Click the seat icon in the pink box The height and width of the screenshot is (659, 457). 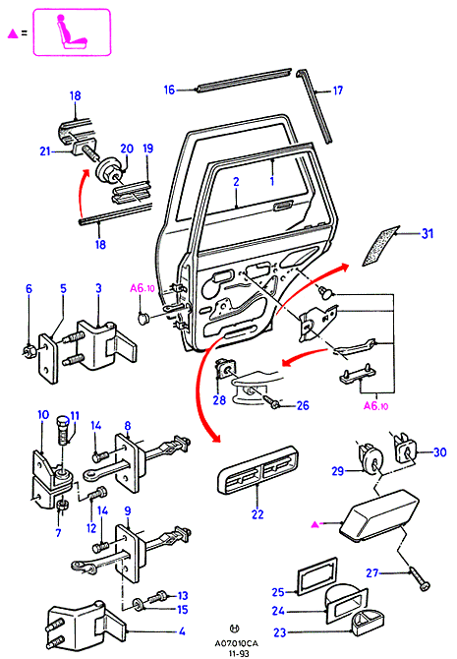pos(72,32)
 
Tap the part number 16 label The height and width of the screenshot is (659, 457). pos(169,90)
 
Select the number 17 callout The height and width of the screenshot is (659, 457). pos(338,90)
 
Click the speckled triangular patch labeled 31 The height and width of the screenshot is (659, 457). pos(380,246)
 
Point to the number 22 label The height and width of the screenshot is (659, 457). pos(257,514)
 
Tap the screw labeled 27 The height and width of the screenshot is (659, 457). pos(420,580)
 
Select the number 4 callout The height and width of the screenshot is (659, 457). pos(182,631)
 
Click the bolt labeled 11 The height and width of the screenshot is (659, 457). pos(63,430)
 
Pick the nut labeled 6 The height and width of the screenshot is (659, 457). pos(29,350)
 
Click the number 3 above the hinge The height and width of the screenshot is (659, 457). pos(98,288)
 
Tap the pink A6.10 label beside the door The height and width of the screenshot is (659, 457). pos(143,288)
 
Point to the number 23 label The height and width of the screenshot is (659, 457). pos(280,632)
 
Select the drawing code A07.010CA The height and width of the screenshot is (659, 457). pos(237,643)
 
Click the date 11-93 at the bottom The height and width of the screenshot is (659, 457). pos(238,653)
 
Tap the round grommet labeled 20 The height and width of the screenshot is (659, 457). pos(109,169)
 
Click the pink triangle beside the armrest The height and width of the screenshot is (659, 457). pos(315,524)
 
